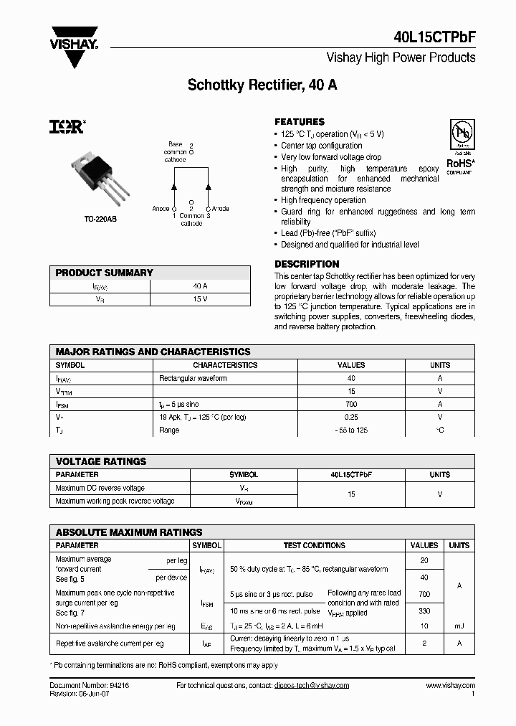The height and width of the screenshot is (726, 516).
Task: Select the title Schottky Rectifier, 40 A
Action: pyautogui.click(x=262, y=85)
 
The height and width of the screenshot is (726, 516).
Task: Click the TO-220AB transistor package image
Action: pyautogui.click(x=101, y=176)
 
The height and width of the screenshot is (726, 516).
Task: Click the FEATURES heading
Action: pyautogui.click(x=300, y=122)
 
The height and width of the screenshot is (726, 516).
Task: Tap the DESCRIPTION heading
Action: pyautogui.click(x=307, y=264)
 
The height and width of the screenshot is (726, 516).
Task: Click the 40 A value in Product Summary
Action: pyautogui.click(x=200, y=286)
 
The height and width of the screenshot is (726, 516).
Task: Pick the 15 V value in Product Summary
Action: pyautogui.click(x=200, y=298)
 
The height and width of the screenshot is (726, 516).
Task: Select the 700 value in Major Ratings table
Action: pyautogui.click(x=351, y=404)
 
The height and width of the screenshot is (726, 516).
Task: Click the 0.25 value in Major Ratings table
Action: pyautogui.click(x=351, y=417)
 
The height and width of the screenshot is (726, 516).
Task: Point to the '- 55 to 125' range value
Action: pyautogui.click(x=351, y=430)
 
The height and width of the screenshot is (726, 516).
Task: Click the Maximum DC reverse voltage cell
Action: pyautogui.click(x=100, y=488)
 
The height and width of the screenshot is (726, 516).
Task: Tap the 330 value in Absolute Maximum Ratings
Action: pyautogui.click(x=424, y=610)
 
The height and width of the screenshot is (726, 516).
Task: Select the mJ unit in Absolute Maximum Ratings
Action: pyautogui.click(x=459, y=626)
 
